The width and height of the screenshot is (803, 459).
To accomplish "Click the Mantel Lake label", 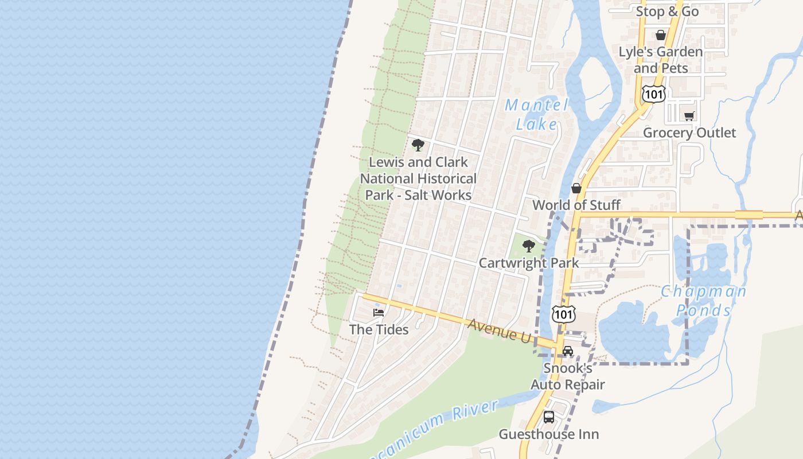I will [x=536, y=114].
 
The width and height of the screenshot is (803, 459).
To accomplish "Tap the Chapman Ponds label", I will [x=703, y=301].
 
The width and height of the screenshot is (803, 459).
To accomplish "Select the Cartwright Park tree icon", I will [x=529, y=247].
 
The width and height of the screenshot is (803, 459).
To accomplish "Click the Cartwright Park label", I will [x=529, y=263].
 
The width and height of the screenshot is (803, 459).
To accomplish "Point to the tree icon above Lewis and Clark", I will [x=418, y=145].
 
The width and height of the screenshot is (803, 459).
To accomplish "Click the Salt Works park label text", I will [x=418, y=178].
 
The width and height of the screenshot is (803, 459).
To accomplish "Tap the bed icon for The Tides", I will [x=379, y=313].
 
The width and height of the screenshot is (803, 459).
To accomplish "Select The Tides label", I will [x=379, y=329].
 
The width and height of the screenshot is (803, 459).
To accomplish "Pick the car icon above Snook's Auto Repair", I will [x=567, y=351].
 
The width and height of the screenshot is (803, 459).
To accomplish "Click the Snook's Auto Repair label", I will [x=567, y=376].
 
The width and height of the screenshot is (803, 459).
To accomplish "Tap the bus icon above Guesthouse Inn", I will [x=549, y=417].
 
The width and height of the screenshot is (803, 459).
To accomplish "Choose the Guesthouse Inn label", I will [x=549, y=434].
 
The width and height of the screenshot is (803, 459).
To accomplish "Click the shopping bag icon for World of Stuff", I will [x=576, y=188].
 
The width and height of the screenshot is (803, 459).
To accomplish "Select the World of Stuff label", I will [x=576, y=205].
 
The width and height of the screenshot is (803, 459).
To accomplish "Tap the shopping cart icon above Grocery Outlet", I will [x=689, y=116].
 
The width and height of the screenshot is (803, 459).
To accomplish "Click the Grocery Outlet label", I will [x=689, y=133].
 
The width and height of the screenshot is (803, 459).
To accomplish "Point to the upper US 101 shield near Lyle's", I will [x=653, y=94].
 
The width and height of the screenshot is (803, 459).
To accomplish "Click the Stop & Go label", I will [x=667, y=11].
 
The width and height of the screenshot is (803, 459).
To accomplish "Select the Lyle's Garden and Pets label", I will [x=660, y=60].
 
